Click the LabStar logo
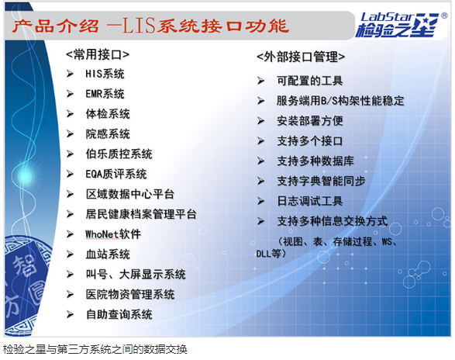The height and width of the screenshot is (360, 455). [x=398, y=25]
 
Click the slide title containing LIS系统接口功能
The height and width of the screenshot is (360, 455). [x=150, y=26]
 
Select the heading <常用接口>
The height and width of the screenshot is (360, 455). [x=98, y=54]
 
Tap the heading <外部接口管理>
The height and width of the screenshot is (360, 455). [x=301, y=57]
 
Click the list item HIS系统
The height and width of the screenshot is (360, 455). [x=105, y=74]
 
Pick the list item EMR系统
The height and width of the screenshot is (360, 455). [x=105, y=94]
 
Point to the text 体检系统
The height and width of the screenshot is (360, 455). [x=108, y=114]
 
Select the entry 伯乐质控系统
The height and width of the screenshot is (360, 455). [x=119, y=154]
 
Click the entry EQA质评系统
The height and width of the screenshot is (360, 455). [x=116, y=174]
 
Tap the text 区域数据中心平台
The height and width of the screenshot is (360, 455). [x=130, y=194]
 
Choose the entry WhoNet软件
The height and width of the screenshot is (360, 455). [x=113, y=234]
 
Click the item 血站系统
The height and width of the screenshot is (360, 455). [x=108, y=254]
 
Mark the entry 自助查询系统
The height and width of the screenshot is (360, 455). [x=119, y=314]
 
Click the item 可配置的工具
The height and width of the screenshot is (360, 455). [x=310, y=81]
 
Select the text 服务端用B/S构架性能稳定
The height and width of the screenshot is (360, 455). [x=340, y=101]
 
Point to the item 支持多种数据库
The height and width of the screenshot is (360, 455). [x=315, y=161]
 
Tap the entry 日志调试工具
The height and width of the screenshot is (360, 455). [x=310, y=201]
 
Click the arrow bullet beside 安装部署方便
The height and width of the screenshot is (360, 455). [x=261, y=121]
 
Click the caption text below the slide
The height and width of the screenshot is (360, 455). [x=95, y=350]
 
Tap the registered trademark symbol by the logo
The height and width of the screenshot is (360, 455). [x=444, y=16]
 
